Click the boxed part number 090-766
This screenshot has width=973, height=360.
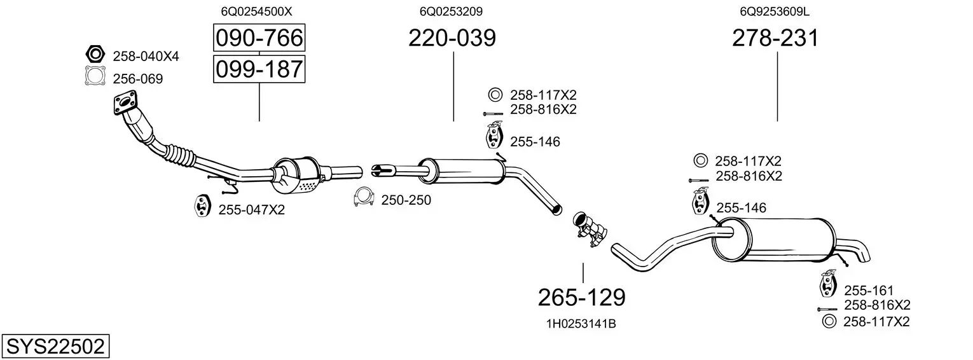click(x=259, y=38)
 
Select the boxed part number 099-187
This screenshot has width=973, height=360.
click(x=259, y=69)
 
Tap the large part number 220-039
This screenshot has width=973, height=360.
click(x=452, y=38)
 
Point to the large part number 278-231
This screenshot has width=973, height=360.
click(x=775, y=38)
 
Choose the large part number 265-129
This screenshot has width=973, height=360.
click(x=582, y=298)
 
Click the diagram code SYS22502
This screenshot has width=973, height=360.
click(x=55, y=347)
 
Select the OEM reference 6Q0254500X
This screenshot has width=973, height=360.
click(x=257, y=11)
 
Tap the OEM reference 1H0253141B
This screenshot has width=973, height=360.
click(x=581, y=324)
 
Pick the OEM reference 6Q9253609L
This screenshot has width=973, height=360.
click(x=775, y=11)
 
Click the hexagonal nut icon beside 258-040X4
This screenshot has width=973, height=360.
click(x=95, y=54)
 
